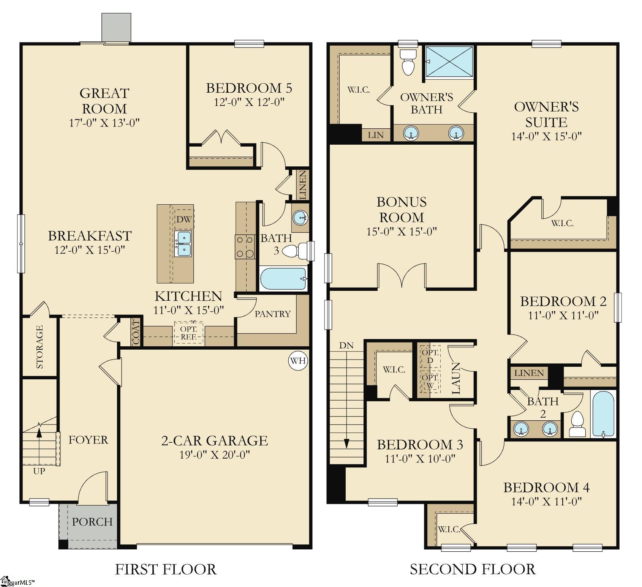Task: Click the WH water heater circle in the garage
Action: [x=298, y=360]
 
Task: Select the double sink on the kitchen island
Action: [x=183, y=244]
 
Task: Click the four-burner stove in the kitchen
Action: [x=245, y=247]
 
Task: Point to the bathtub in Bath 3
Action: [x=283, y=279]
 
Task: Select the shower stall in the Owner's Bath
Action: [x=449, y=62]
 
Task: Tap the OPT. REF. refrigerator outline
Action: [x=188, y=333]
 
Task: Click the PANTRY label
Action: [x=272, y=314]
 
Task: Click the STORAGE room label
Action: [x=40, y=347]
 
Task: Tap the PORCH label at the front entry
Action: [x=92, y=522]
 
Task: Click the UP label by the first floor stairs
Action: [x=39, y=471]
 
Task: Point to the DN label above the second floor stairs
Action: [x=346, y=346]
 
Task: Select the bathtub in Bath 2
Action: [x=603, y=414]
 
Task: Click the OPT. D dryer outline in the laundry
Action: [x=430, y=356]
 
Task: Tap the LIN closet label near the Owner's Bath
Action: [x=376, y=135]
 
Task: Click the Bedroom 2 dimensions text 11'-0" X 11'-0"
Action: [x=563, y=315]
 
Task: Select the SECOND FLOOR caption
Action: [x=473, y=569]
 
